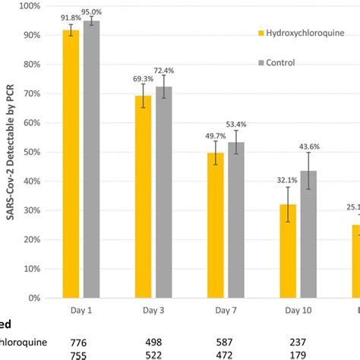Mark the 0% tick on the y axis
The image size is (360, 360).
pyautogui.click(x=33, y=298)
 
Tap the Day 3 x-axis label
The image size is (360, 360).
pyautogui.click(x=153, y=310)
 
